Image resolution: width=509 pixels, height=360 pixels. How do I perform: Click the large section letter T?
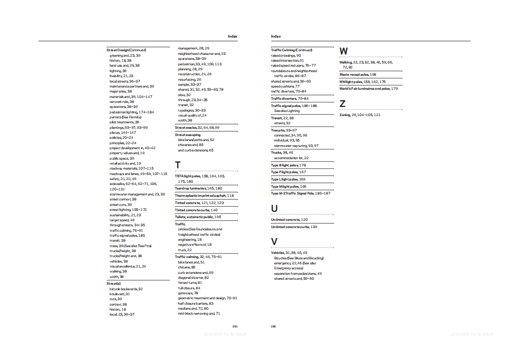pyautogui.click(x=178, y=165)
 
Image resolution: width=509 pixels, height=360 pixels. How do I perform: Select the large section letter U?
pyautogui.click(x=274, y=208)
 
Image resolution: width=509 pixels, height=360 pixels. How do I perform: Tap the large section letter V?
pyautogui.click(x=274, y=241)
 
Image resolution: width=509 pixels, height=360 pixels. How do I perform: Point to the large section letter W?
pyautogui.click(x=344, y=51)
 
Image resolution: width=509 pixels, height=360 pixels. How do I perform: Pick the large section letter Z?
pyautogui.click(x=342, y=104)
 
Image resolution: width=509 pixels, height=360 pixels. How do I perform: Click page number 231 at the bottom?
pyautogui.click(x=235, y=326)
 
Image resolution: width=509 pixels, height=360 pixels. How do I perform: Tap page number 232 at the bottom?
pyautogui.click(x=274, y=326)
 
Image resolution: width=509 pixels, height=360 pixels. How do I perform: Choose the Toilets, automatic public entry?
pyautogui.click(x=198, y=217)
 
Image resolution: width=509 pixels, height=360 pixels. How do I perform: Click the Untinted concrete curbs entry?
pyautogui.click(x=294, y=227)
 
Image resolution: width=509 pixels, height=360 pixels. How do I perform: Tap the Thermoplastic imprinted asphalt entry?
pyautogui.click(x=204, y=195)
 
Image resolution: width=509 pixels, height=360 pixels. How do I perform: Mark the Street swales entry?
pyautogui.click(x=197, y=127)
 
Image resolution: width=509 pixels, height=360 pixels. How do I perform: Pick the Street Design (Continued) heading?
pyautogui.click(x=126, y=50)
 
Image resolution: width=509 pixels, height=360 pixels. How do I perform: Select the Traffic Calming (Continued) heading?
pyautogui.click(x=291, y=50)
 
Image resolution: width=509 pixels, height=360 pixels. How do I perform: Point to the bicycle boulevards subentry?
pyautogui.click(x=126, y=289)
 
